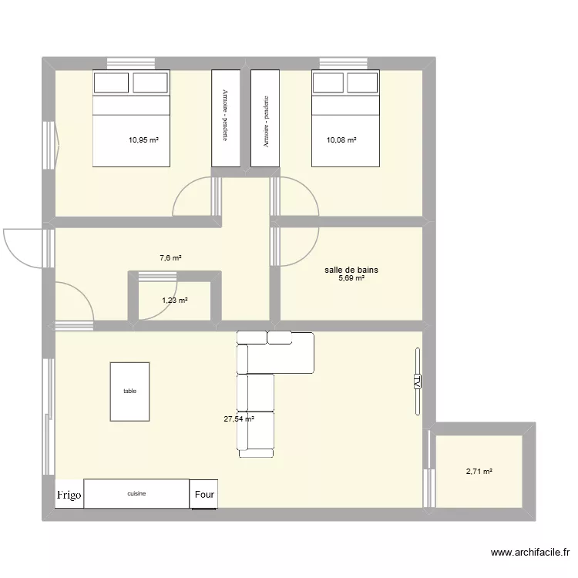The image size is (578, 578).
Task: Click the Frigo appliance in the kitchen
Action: tap(69, 495)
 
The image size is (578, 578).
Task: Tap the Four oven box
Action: tap(204, 495)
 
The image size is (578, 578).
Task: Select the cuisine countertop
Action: tap(137, 494)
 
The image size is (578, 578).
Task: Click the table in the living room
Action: tap(129, 391)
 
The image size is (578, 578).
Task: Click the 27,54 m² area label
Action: tap(239, 419)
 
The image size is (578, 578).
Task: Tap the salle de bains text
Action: tap(351, 270)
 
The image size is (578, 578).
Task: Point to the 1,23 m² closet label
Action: tap(174, 301)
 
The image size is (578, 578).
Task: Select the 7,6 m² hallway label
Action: tap(170, 258)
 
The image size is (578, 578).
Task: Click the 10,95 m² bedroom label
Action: tap(143, 140)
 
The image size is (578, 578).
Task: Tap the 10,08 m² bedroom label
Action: tap(341, 140)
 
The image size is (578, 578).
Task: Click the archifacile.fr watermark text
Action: tap(529, 553)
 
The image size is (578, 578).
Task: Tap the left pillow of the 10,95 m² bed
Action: tap(112, 82)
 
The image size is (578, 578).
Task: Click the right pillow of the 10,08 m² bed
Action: tap(362, 82)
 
